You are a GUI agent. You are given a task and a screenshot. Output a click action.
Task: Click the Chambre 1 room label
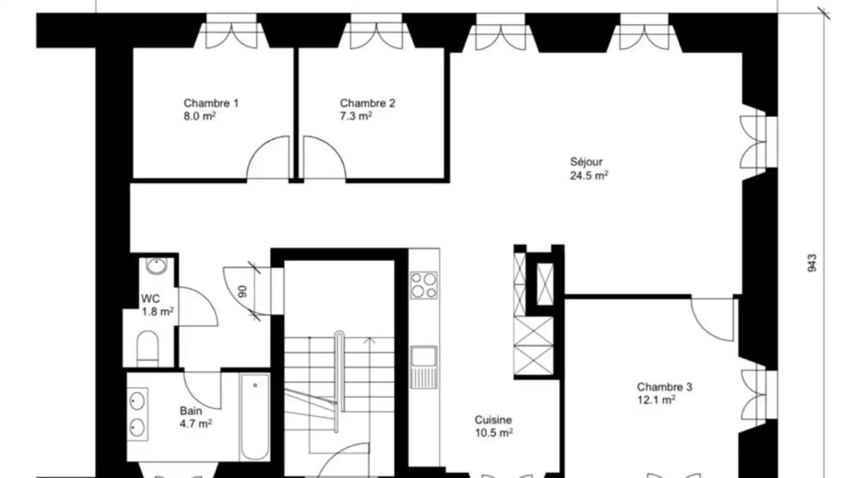pyautogui.click(x=211, y=103)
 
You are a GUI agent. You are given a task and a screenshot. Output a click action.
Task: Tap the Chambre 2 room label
pyautogui.click(x=367, y=103)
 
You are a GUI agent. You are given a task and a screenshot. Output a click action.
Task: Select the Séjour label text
pyautogui.click(x=587, y=162)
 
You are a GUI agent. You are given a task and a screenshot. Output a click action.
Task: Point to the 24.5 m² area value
pyautogui.click(x=589, y=175)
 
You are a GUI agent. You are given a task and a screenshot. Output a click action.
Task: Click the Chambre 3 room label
pyautogui.click(x=664, y=387)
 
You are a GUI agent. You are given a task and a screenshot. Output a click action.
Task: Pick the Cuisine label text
pyautogui.click(x=493, y=420)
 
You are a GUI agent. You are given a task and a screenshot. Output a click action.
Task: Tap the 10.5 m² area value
pyautogui.click(x=494, y=433)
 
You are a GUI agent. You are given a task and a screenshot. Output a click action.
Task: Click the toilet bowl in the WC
pyautogui.click(x=147, y=346)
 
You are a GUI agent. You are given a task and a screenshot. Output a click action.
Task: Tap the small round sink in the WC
pyautogui.click(x=156, y=267)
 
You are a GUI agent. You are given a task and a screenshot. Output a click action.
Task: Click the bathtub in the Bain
pyautogui.click(x=255, y=417)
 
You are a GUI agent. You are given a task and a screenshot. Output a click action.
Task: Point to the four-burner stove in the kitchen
pyautogui.click(x=424, y=285)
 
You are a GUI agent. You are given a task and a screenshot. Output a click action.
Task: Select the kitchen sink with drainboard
pyautogui.click(x=424, y=366)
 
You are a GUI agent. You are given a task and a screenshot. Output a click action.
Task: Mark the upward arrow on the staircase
pyautogui.click(x=370, y=341)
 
